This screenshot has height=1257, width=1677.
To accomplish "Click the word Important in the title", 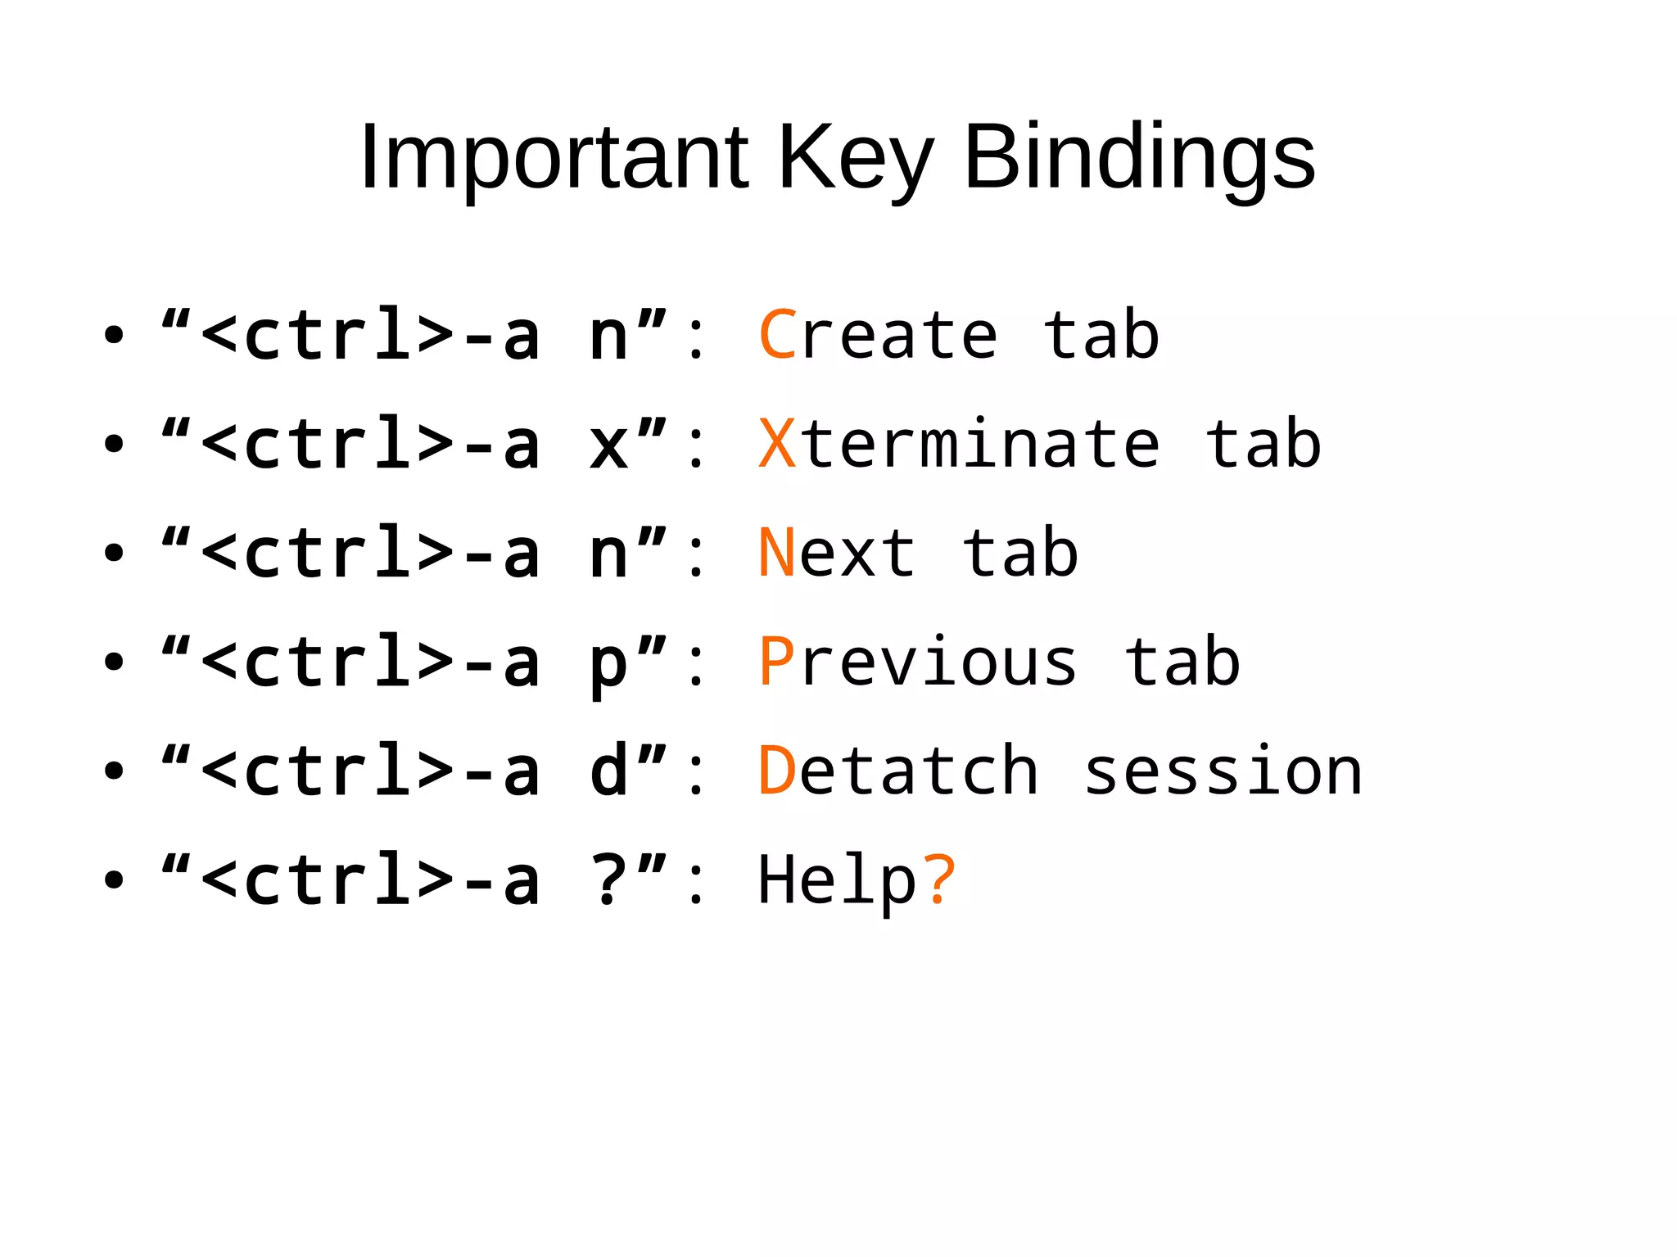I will [554, 157].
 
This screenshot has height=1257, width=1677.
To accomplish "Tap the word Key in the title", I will [855, 157].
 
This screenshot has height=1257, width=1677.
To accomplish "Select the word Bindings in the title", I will [1139, 157].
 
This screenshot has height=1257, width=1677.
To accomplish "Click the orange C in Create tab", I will [778, 335].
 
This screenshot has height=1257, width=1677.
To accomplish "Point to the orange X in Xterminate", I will [777, 444].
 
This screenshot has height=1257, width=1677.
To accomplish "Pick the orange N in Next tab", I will [777, 553].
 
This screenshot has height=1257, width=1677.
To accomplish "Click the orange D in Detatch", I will [777, 771].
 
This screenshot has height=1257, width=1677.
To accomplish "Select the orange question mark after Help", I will [939, 879].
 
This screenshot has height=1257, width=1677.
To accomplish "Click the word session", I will [1223, 771].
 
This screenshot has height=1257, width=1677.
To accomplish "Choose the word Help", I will [838, 879].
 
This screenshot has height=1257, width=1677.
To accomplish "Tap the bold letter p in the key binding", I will [609, 665].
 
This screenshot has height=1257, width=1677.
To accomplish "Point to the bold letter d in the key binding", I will [609, 771].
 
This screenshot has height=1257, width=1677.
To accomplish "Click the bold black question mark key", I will [609, 879].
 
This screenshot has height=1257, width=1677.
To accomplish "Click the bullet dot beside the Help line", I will [114, 880].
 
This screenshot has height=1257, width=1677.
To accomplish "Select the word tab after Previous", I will [1182, 662].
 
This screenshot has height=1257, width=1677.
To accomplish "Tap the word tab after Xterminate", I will [1263, 444].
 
